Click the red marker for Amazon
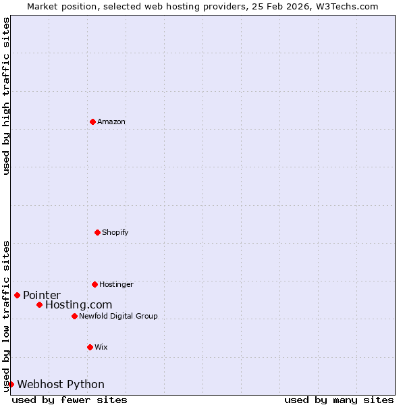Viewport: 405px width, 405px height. pyautogui.click(x=92, y=122)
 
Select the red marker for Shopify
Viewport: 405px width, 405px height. pyautogui.click(x=97, y=232)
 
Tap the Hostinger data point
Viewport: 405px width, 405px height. pyautogui.click(x=94, y=284)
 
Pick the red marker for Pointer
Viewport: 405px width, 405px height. pyautogui.click(x=17, y=295)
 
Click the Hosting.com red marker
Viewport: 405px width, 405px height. pyautogui.click(x=39, y=304)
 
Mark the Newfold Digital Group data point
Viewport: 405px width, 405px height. pyautogui.click(x=74, y=316)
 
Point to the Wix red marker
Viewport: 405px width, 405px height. pyautogui.click(x=90, y=347)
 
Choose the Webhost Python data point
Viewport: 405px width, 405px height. pyautogui.click(x=11, y=384)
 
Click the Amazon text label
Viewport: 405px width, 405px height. pyautogui.click(x=111, y=122)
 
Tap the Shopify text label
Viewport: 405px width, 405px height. pyautogui.click(x=115, y=232)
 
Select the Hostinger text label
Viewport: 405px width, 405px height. pyautogui.click(x=116, y=284)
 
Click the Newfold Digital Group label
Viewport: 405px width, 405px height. pyautogui.click(x=118, y=316)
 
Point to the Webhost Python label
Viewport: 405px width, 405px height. pyautogui.click(x=61, y=384)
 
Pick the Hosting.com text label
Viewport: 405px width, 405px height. pyautogui.click(x=78, y=305)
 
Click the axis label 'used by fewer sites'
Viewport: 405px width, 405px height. pyautogui.click(x=70, y=400)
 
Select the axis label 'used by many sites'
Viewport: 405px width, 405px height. pyautogui.click(x=339, y=400)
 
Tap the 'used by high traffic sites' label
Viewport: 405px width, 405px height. pyautogui.click(x=6, y=96)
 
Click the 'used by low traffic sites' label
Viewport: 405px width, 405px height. pyautogui.click(x=6, y=316)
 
